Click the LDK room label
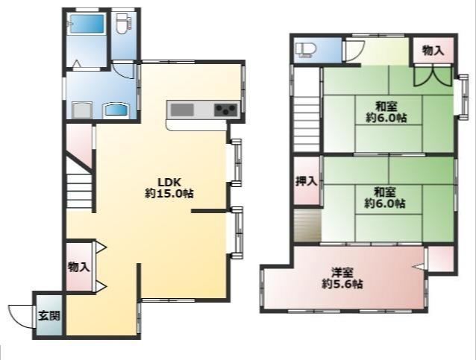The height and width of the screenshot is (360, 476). pyautogui.click(x=169, y=183)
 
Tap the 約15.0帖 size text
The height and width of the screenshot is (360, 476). pyautogui.click(x=169, y=194)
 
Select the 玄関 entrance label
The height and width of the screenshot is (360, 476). pyautogui.click(x=49, y=316)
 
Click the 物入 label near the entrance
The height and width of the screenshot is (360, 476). pyautogui.click(x=78, y=267)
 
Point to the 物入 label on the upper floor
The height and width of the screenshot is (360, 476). pyautogui.click(x=433, y=51)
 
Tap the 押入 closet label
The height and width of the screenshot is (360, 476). pyautogui.click(x=307, y=181)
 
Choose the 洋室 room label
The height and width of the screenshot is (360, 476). pyautogui.click(x=342, y=273)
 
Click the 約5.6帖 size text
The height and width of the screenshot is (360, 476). pyautogui.click(x=342, y=284)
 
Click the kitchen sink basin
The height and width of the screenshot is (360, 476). pyautogui.click(x=182, y=110)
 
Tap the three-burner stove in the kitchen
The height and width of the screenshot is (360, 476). pyautogui.click(x=225, y=110)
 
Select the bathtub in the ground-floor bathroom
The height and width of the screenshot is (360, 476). pyautogui.click(x=87, y=24)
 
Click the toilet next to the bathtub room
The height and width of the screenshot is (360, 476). pyautogui.click(x=124, y=24)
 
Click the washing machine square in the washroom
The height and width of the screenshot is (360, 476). pyautogui.click(x=82, y=110)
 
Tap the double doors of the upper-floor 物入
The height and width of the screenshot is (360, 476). pyautogui.click(x=433, y=75)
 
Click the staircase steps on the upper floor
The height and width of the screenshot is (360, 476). pyautogui.click(x=307, y=124)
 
